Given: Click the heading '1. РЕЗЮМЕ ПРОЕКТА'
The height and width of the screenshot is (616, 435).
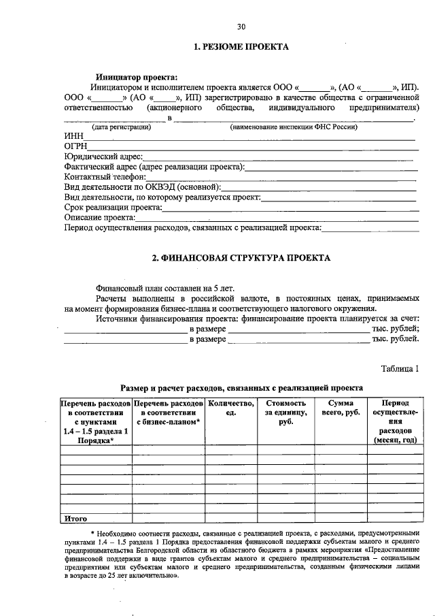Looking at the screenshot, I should click(241, 47).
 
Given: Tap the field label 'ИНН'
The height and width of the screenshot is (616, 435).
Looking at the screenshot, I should click(73, 136).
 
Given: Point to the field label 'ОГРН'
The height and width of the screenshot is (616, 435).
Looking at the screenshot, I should click(76, 146).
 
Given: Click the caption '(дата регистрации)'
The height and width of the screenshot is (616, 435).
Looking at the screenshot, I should click(122, 127).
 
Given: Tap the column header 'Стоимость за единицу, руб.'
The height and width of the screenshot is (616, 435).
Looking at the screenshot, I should click(285, 413).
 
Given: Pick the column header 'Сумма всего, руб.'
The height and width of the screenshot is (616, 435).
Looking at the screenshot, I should click(340, 408).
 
